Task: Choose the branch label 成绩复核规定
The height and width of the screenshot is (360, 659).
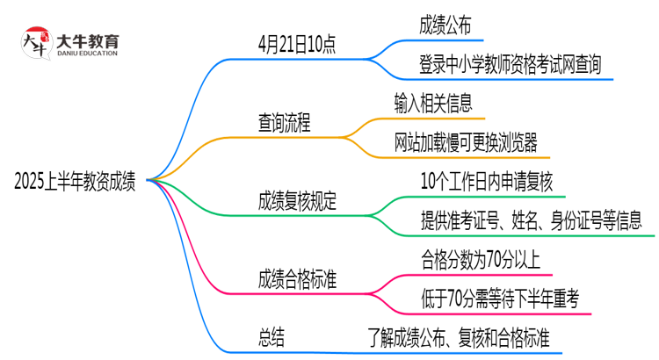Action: (297, 201)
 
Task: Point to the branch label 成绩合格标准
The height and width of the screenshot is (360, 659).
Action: (297, 278)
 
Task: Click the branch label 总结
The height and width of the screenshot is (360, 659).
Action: (272, 337)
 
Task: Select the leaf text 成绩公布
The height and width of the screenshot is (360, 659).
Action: (445, 26)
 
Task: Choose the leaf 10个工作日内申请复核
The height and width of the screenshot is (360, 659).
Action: (487, 182)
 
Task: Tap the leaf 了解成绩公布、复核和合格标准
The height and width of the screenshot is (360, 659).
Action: (463, 337)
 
